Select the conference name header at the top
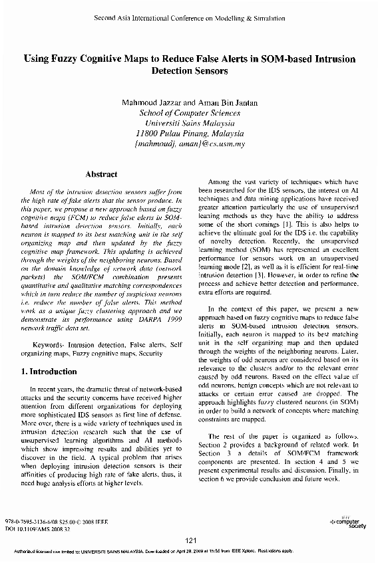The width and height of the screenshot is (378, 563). pos(190,18)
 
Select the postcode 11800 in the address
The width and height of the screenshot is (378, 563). pos(147,133)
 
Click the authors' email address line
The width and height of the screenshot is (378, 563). pos(190,143)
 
